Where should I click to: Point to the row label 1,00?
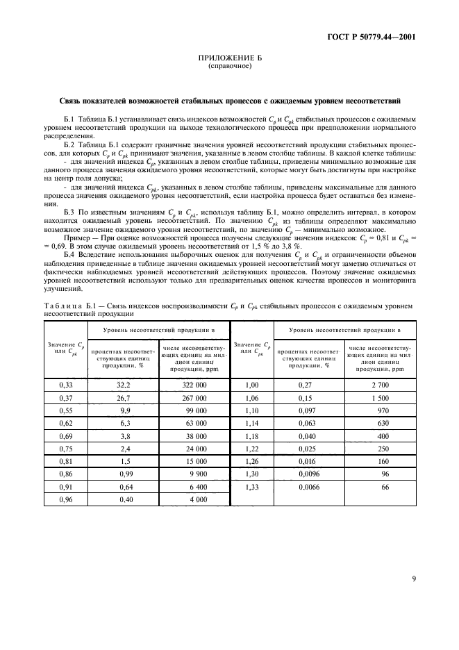(252, 384)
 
